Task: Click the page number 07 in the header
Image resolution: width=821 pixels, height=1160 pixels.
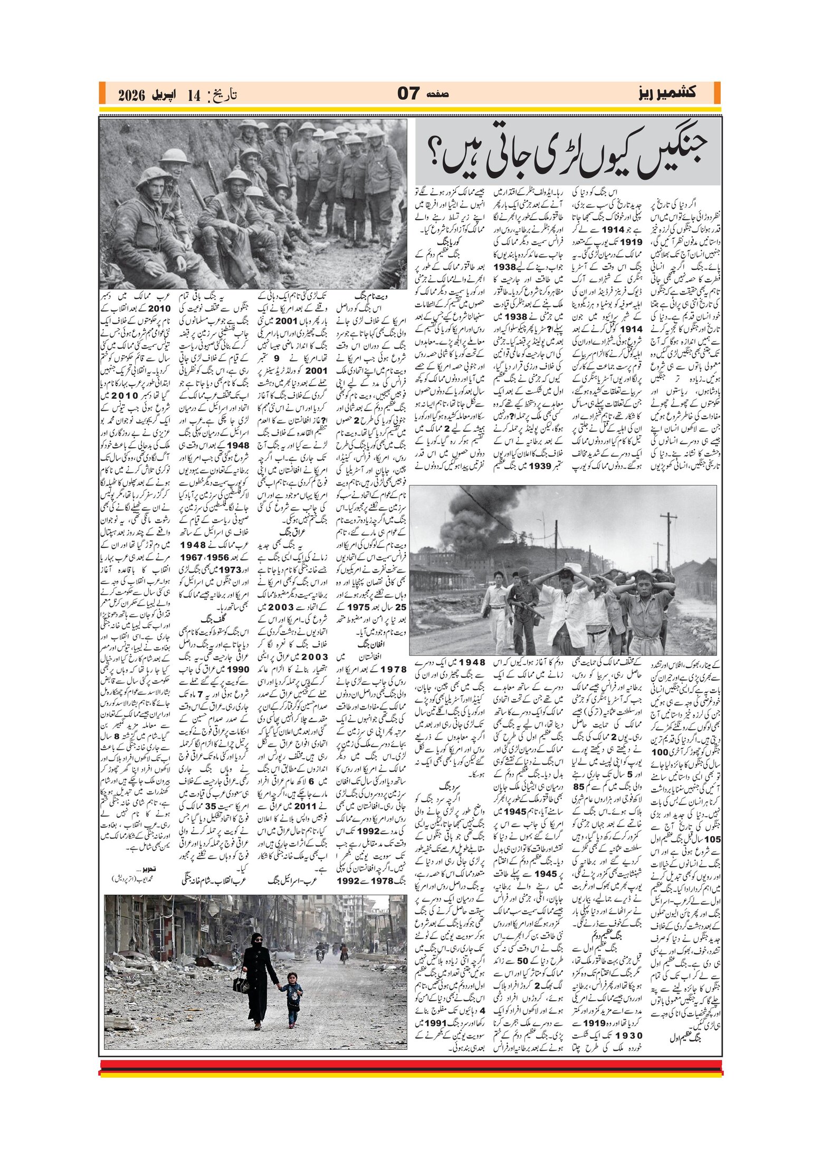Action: coord(408,94)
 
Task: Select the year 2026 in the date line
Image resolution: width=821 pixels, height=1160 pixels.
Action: coord(131,95)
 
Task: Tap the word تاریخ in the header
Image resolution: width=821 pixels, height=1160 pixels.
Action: coord(223,95)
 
